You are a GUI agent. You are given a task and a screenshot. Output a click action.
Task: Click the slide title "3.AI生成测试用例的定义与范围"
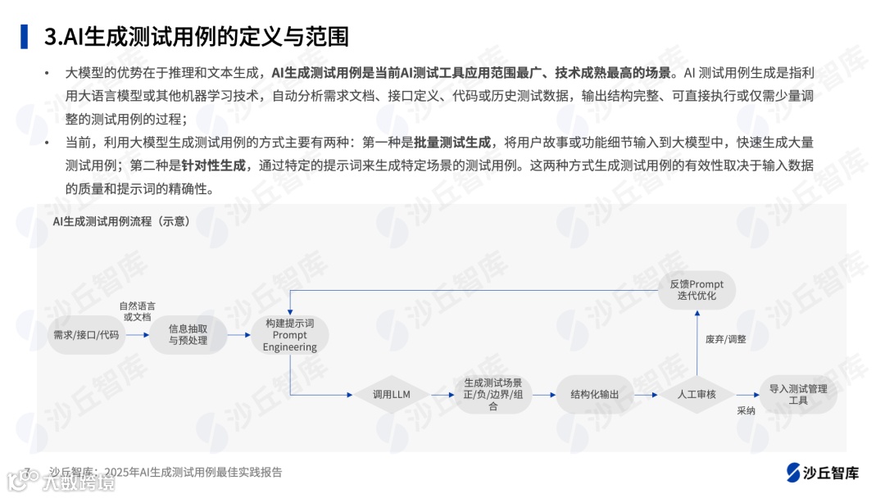click(x=197, y=37)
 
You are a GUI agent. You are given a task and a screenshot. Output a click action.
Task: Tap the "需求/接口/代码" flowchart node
click(x=86, y=335)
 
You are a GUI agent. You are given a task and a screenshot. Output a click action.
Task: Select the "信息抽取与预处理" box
click(x=188, y=334)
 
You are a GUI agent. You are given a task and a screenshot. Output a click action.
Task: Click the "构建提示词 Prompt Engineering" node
click(x=289, y=335)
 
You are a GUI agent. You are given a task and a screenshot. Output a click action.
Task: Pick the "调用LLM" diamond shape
click(x=391, y=395)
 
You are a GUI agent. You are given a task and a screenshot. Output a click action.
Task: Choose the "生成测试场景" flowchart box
click(x=492, y=395)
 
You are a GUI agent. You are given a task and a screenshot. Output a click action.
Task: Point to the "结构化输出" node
click(x=594, y=395)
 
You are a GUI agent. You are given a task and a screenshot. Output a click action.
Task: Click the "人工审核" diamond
click(x=696, y=395)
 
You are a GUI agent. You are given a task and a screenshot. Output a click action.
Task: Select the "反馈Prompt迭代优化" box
click(x=697, y=290)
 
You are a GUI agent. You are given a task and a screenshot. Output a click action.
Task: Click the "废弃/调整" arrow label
click(x=725, y=339)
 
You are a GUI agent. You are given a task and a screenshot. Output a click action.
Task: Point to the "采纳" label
click(x=746, y=411)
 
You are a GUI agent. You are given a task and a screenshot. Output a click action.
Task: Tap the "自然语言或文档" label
click(x=137, y=310)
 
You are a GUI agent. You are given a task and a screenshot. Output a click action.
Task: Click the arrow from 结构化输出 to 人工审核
click(x=645, y=395)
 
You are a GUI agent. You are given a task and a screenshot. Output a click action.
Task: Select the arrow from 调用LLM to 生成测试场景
click(x=442, y=395)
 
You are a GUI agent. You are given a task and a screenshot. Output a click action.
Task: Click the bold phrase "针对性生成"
click(x=215, y=165)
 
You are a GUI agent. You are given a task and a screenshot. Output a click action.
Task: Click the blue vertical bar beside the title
click(x=25, y=37)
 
